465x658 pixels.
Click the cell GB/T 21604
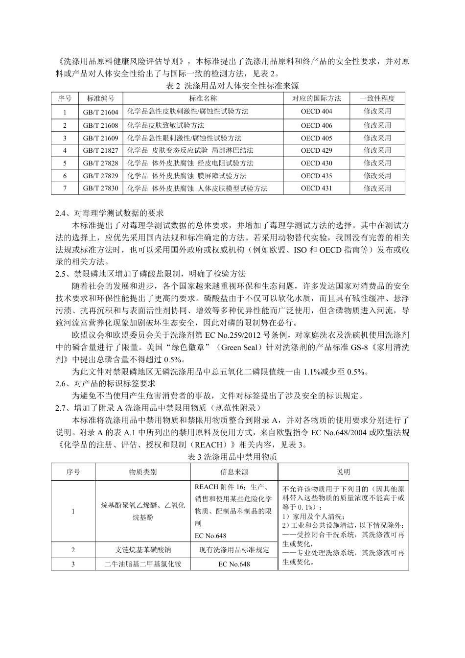[x=100, y=112]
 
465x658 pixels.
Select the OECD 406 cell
[x=316, y=125]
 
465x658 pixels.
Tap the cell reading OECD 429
[x=316, y=150]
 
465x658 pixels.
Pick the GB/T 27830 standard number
[x=100, y=188]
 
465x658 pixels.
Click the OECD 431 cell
[x=316, y=188]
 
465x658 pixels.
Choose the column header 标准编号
[x=100, y=98]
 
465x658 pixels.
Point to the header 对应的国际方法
[x=316, y=98]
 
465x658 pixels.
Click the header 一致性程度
[x=377, y=98]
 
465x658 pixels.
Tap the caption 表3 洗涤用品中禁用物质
[x=232, y=457]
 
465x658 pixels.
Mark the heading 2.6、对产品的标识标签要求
[x=106, y=384]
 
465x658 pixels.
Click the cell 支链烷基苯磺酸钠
[x=143, y=550]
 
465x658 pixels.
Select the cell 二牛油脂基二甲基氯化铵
[x=143, y=564]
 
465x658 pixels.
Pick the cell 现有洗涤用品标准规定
[x=234, y=550]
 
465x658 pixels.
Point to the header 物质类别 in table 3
[x=143, y=472]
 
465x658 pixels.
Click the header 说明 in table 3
[x=343, y=472]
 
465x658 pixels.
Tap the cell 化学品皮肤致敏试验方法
[x=166, y=125]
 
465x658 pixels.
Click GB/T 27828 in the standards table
[x=100, y=163]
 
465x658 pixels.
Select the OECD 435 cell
[x=316, y=176]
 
